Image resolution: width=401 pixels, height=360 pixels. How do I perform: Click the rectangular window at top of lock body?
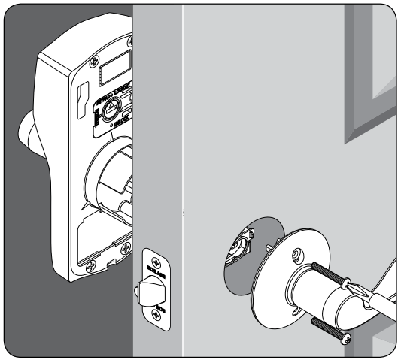pos(114,73)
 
